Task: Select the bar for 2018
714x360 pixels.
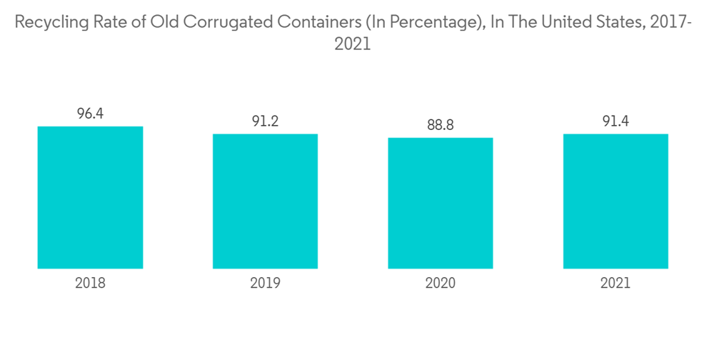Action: (x=90, y=197)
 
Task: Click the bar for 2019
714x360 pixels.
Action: (x=265, y=201)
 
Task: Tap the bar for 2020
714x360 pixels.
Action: (x=441, y=203)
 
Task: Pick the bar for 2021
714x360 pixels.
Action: (x=615, y=201)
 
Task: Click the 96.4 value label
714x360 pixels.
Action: (x=90, y=114)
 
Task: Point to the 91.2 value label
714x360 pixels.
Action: (x=265, y=121)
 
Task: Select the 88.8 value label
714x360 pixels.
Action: (x=441, y=125)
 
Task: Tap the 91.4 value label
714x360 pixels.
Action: (x=615, y=121)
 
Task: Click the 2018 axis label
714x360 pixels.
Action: (x=90, y=283)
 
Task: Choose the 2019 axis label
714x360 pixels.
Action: (x=265, y=283)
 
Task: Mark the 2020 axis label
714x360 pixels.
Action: (x=441, y=283)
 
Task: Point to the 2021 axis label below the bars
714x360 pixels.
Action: (x=615, y=283)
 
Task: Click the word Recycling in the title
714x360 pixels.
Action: (x=49, y=22)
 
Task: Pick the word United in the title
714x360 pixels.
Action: (x=568, y=22)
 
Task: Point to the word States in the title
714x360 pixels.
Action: (x=620, y=22)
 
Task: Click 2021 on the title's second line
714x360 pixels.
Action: (x=353, y=44)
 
